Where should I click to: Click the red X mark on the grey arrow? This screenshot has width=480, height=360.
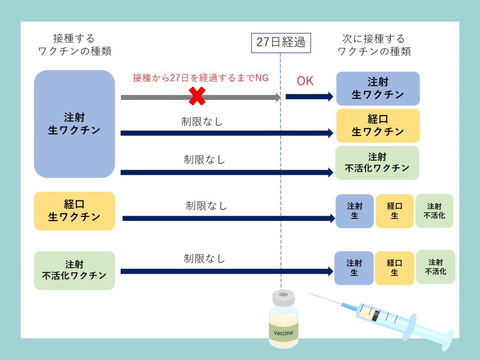pos(197,96)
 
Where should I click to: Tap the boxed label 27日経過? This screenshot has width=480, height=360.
pos(281,43)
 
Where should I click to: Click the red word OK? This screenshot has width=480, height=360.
pos(305,81)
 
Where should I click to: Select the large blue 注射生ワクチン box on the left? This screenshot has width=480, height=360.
pos(75,124)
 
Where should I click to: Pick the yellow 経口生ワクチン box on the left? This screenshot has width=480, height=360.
pos(75,211)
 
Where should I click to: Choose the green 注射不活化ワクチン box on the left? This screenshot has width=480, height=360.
pos(75,270)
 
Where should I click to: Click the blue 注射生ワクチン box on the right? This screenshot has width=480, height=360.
pos(378,89)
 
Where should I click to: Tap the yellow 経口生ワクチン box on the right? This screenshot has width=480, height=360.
pos(378,126)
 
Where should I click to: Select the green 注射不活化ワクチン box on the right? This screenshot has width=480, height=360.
pos(377,163)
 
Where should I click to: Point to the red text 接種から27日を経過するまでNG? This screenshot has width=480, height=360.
pos(201,78)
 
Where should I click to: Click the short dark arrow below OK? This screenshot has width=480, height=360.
pos(309,97)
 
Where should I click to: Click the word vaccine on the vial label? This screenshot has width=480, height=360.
pos(284,333)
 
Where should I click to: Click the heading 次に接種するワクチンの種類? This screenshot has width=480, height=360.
pos(374,45)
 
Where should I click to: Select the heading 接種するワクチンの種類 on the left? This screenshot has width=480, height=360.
pos(75,45)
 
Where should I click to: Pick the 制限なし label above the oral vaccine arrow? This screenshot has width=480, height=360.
pos(206,206)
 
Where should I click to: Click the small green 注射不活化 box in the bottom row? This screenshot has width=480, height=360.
pos(435,267)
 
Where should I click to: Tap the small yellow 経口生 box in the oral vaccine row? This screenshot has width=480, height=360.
pos(395,211)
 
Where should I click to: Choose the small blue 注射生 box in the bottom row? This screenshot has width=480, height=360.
pos(354,268)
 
